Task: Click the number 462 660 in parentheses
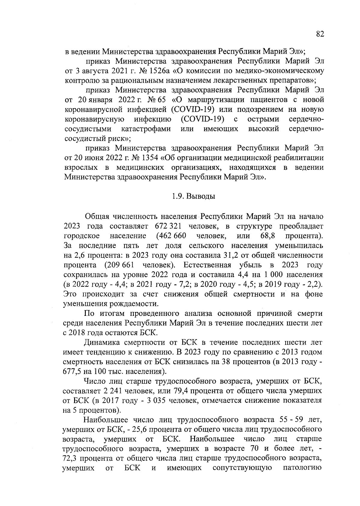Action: pos(171,235)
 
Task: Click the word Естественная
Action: pos(207,265)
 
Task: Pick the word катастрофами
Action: pos(146,129)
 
